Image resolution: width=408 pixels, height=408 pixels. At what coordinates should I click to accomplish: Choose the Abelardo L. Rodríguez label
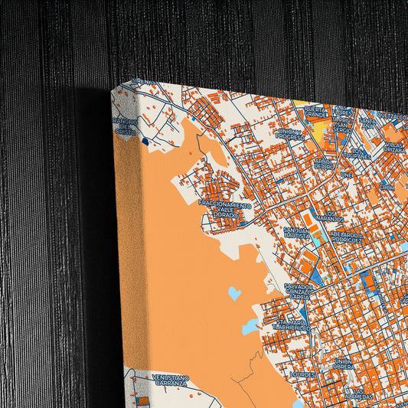[344, 239]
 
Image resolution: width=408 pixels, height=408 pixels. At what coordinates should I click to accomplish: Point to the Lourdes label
[304, 374]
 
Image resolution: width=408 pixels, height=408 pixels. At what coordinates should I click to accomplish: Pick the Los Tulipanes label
[355, 155]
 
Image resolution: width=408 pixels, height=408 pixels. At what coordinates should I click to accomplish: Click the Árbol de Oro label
[324, 164]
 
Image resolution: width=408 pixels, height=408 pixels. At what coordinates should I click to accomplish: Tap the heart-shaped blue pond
[234, 293]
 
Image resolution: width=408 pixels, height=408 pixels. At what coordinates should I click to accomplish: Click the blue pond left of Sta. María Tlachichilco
[250, 327]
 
